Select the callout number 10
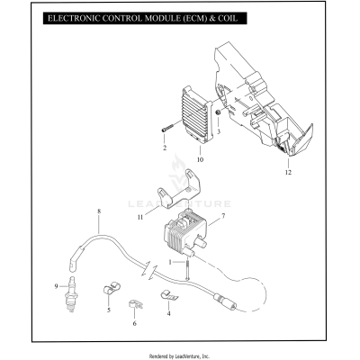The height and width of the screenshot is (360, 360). pos(200,159)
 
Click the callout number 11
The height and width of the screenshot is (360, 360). pos(139,217)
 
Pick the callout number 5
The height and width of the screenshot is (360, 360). pos(108,309)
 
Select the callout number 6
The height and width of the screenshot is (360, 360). pos(135,322)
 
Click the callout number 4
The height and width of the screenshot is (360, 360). pos(167,313)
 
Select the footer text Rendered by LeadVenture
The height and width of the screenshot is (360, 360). pos(180,355)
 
